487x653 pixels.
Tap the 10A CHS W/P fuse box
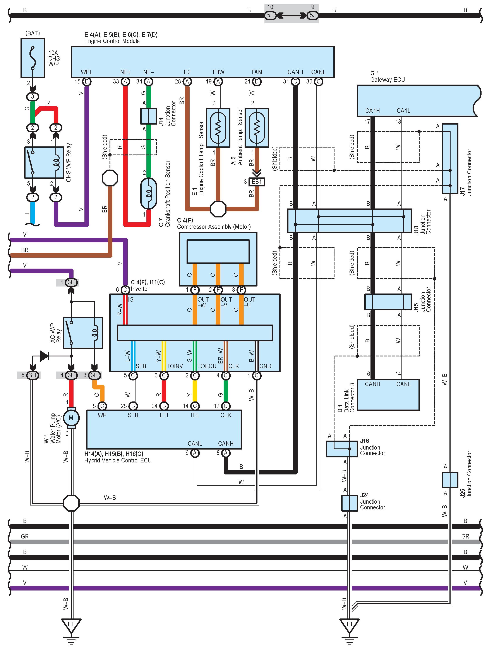point(33,58)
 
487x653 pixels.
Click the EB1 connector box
point(257,182)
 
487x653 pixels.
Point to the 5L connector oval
point(270,15)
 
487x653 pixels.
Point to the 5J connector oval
point(312,15)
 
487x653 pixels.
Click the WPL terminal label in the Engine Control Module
point(87,72)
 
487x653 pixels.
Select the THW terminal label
point(218,72)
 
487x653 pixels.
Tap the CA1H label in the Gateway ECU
point(373,111)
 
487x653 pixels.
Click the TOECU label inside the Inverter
point(207,366)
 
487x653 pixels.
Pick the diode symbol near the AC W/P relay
point(44,356)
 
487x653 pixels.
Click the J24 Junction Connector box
point(349,503)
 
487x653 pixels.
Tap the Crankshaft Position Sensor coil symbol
point(149,193)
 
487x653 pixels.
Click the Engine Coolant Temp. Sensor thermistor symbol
point(218,128)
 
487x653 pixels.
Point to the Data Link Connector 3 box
point(388,395)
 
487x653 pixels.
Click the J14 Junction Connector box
point(149,116)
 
